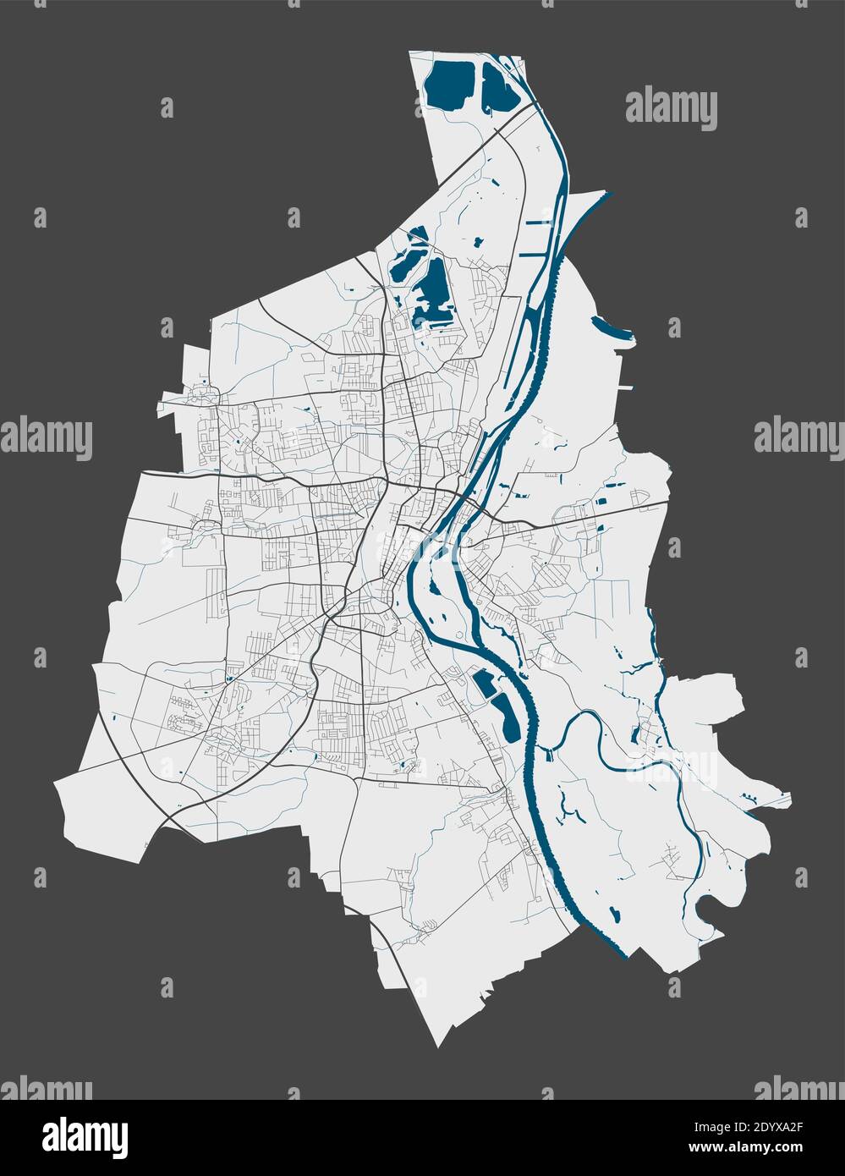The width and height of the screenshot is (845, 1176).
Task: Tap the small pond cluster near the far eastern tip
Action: pyautogui.click(x=749, y=797)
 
